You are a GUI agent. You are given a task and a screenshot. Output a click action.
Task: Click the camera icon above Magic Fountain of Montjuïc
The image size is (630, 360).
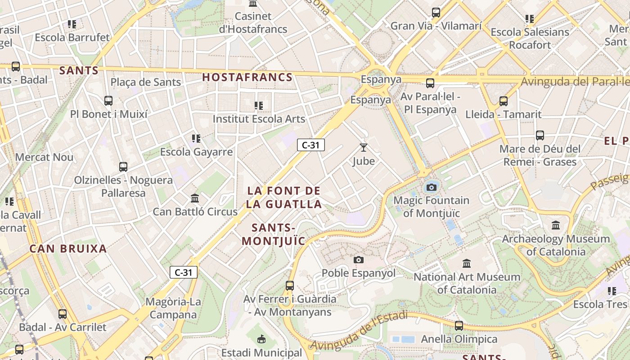431,187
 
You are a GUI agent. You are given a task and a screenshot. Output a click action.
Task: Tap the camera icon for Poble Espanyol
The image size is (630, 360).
359,260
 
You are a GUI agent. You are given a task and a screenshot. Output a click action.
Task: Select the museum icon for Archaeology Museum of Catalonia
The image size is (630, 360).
556,225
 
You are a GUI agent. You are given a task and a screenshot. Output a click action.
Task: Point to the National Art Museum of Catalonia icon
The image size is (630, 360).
467,263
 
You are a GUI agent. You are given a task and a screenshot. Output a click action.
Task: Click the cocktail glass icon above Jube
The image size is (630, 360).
364,147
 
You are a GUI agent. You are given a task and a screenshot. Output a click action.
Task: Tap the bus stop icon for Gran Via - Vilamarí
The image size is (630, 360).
436,13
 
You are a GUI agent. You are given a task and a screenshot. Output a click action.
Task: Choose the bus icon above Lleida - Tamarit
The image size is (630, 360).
503,101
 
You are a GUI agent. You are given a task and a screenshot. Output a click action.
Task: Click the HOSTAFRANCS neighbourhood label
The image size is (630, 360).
247,77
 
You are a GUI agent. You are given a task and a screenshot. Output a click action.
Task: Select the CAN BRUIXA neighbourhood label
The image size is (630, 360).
68,248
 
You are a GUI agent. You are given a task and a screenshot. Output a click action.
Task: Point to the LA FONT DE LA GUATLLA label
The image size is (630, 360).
284,197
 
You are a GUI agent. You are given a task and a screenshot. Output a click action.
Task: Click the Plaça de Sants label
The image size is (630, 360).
146,82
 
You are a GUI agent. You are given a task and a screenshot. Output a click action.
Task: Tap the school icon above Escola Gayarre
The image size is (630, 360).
196,139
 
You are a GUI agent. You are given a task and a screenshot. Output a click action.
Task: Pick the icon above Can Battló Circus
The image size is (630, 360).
195,198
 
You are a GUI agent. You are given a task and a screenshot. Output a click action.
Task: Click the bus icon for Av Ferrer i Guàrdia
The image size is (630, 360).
290,285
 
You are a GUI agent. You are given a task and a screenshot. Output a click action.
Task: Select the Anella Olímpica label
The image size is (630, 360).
459,339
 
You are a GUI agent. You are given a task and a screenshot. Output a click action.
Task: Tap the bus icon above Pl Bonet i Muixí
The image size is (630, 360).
108,101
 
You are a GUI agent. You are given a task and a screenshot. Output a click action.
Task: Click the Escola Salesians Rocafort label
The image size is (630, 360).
530,38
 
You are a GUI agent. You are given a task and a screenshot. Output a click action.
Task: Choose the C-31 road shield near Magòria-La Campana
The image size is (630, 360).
184,272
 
